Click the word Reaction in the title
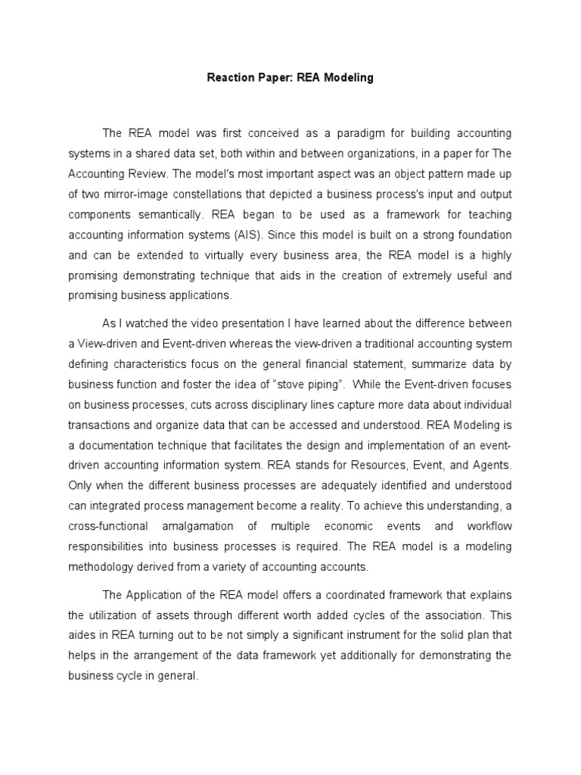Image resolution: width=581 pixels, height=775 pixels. tap(230, 78)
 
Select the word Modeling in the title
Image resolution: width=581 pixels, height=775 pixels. tap(346, 78)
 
